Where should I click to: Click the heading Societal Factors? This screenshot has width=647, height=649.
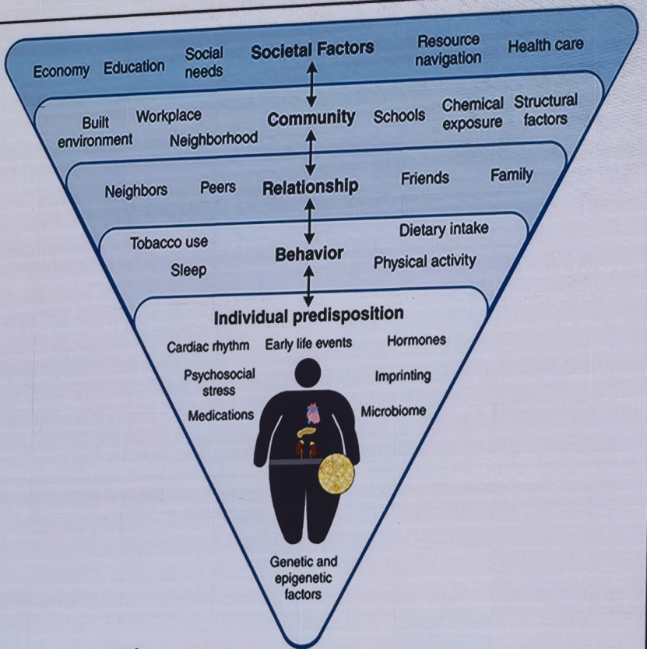tap(312, 50)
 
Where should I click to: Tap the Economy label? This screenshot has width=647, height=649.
tap(62, 71)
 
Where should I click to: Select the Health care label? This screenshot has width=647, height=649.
tap(546, 45)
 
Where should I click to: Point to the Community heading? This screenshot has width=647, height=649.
tap(311, 118)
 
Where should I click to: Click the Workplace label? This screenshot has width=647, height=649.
tap(169, 116)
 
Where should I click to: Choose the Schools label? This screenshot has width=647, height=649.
tap(399, 116)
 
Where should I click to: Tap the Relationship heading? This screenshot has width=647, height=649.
tap(310, 187)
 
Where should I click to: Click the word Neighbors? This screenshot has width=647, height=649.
tap(135, 191)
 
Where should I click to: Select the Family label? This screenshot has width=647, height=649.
tap(512, 175)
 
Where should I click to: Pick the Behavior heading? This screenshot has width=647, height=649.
tap(309, 254)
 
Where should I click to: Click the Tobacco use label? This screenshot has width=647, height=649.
tap(169, 243)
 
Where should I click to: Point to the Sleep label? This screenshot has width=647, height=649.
tap(188, 270)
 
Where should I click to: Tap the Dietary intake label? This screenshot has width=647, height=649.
tap(444, 229)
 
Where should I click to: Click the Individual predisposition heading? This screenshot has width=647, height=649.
tap(308, 316)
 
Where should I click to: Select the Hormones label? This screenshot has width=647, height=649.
tap(417, 340)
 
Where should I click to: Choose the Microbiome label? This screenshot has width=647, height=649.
tap(393, 411)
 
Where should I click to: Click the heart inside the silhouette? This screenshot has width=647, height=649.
tap(313, 413)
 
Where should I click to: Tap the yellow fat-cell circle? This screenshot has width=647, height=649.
tap(336, 473)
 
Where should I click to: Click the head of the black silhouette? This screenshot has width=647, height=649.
tap(308, 373)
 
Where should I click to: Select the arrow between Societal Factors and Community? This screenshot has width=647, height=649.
tap(312, 85)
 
